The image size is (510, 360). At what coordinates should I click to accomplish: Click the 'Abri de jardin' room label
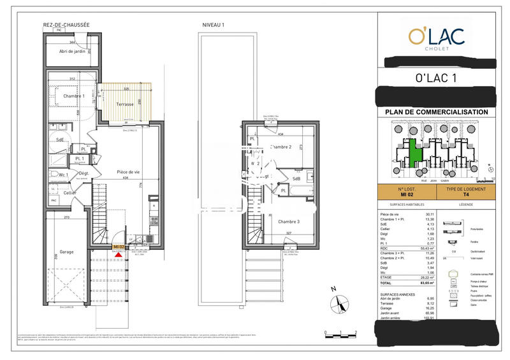point(72,52)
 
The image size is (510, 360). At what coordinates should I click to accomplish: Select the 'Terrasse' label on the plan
point(120,104)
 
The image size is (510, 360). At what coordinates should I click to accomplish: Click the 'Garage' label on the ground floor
point(66,252)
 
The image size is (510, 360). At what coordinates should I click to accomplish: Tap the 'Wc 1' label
point(63,174)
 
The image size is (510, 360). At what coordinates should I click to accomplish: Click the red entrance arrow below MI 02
point(118,254)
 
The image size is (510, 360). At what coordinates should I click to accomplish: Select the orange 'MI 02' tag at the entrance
point(119,247)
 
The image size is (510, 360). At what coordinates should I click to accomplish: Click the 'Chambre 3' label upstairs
point(288,221)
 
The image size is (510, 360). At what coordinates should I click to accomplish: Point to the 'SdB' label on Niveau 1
point(296,179)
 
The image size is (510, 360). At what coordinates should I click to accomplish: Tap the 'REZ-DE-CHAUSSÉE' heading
point(66,25)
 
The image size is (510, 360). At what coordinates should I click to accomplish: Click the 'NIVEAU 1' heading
point(213,25)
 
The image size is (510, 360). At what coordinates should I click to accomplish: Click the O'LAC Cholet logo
point(437,38)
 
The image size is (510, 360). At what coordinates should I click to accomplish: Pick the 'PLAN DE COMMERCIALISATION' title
point(437,112)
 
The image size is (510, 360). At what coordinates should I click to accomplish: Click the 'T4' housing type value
point(465,195)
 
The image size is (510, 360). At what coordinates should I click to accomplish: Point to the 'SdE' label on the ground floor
point(61,139)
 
